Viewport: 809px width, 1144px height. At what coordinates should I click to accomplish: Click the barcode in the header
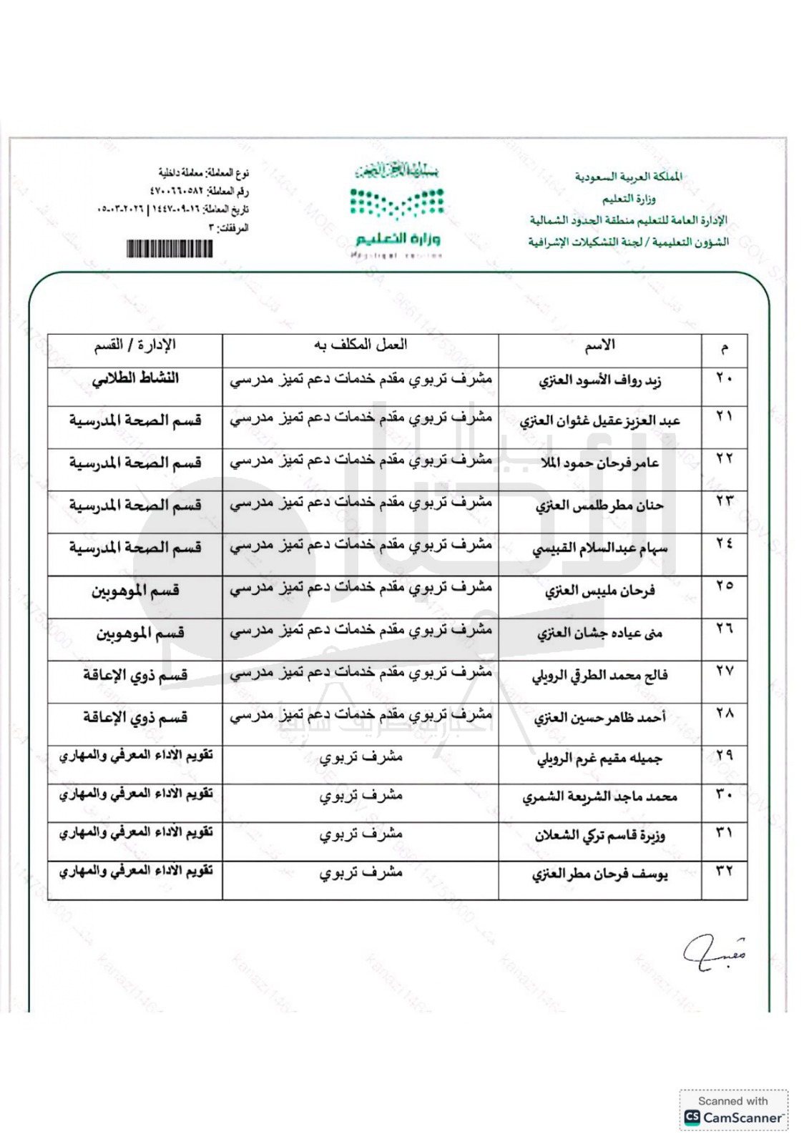pos(170,248)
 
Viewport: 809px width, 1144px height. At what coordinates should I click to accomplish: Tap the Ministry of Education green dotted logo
pos(397,203)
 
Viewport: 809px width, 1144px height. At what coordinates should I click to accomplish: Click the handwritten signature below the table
pos(714,953)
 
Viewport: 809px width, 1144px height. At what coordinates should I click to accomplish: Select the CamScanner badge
pos(733,1110)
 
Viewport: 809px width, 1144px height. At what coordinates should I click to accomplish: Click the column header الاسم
pos(599,346)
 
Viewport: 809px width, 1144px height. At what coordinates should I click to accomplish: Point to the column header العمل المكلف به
pos(361,345)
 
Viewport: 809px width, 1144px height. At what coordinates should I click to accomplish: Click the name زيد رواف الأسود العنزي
pos(599,380)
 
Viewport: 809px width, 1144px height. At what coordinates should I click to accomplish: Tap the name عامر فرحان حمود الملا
pos(599,463)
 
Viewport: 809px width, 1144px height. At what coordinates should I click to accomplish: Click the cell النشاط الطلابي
pos(135,379)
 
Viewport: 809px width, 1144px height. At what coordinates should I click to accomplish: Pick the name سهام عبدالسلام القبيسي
pos(599,548)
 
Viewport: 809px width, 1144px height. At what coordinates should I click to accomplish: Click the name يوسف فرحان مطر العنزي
pos(599,874)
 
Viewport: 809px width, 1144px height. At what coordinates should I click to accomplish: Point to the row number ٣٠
pos(724,794)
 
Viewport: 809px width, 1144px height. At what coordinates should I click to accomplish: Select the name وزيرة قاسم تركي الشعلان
pos(599,835)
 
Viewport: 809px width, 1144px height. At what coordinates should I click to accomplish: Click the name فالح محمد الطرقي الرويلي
pos(599,676)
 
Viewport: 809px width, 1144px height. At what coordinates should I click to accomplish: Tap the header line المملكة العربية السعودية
pos(628,177)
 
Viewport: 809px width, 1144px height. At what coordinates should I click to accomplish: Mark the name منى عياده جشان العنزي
pos(599,633)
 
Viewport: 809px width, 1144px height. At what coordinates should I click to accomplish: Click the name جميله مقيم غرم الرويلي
pos(599,758)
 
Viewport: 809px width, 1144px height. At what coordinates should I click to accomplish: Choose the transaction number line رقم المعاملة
pos(199,192)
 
